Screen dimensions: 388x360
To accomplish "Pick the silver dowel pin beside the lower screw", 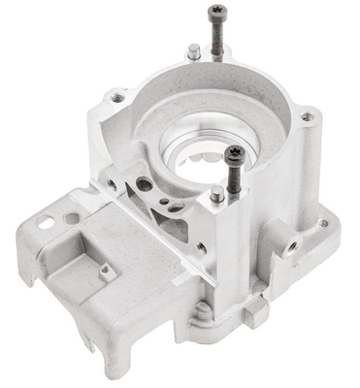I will (216, 194).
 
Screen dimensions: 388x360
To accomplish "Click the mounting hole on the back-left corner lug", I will (117, 98).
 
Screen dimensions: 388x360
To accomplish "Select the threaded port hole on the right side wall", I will (289, 239).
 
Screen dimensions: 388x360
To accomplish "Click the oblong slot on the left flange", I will (46, 221).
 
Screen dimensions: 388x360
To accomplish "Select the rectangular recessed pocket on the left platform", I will (87, 262).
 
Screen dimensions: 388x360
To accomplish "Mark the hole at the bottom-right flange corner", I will (323, 223).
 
